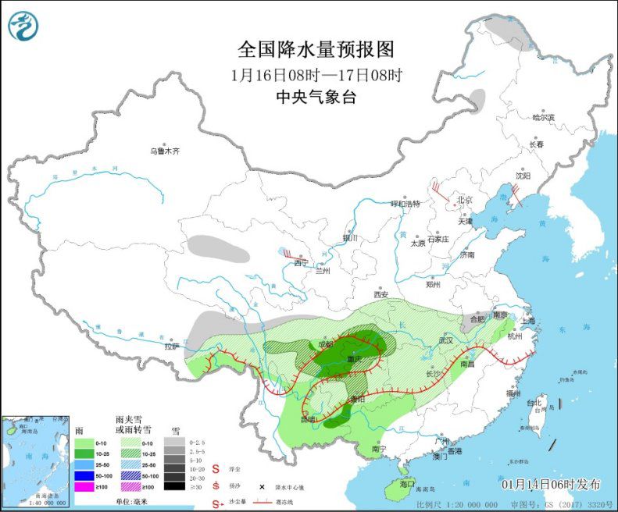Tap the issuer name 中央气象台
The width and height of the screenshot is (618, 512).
[316, 98]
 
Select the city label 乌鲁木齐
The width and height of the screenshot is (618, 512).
[165, 151]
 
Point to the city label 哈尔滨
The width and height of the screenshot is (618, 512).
[542, 118]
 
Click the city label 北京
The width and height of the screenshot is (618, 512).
[465, 200]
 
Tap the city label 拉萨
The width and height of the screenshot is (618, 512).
[172, 346]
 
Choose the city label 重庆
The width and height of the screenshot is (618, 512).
[352, 360]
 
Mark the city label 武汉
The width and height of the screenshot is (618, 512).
[446, 340]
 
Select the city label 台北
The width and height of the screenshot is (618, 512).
[534, 404]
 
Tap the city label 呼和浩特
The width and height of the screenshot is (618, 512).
[405, 204]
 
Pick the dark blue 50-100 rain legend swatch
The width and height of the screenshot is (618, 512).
[84, 475]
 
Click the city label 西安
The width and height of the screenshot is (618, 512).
[380, 295]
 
